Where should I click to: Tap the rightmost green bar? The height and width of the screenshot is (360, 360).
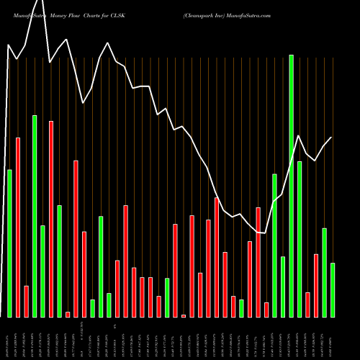(x=333, y=289)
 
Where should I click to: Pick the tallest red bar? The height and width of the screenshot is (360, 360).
(x=51, y=219)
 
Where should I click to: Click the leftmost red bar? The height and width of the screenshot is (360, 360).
(x=18, y=227)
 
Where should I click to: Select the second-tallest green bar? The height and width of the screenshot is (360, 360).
(x=35, y=216)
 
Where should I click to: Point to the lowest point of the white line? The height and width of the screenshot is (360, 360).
(x=266, y=233)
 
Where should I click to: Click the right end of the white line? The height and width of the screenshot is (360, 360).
(x=332, y=137)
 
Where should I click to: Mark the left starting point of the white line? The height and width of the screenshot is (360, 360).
(x=8, y=45)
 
